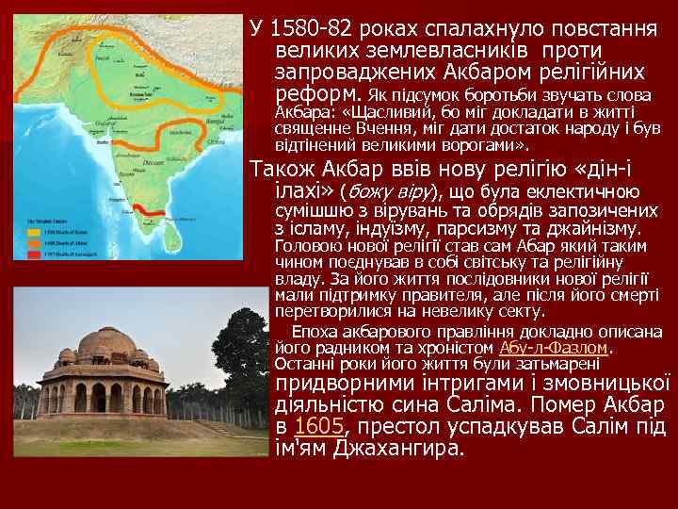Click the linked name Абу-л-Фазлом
click(x=556, y=348)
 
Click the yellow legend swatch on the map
click(x=33, y=230)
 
